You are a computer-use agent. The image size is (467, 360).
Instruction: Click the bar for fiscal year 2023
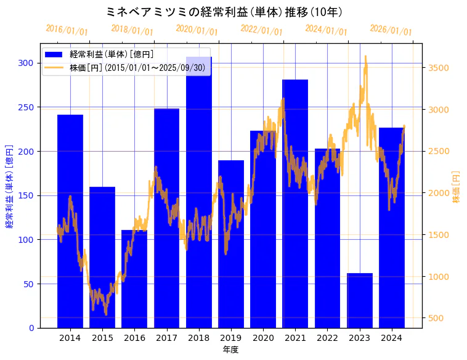[360, 300]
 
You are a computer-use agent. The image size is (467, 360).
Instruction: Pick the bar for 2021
[295, 203]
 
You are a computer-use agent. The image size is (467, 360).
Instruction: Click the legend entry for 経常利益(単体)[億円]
[112, 54]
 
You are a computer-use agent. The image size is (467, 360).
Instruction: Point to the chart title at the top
[224, 12]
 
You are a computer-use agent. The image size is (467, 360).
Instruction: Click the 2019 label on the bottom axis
[231, 338]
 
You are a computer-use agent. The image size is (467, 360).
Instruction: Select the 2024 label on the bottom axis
[392, 338]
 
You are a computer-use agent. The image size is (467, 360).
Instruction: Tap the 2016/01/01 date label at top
[67, 30]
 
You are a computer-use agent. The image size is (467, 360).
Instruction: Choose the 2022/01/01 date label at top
[261, 30]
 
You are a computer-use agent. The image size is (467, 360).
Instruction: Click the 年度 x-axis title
[231, 350]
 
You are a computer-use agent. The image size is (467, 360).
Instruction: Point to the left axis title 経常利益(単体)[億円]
[9, 186]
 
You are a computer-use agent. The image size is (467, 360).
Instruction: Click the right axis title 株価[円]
[457, 186]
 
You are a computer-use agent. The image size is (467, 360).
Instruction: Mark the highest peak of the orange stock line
[365, 56]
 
